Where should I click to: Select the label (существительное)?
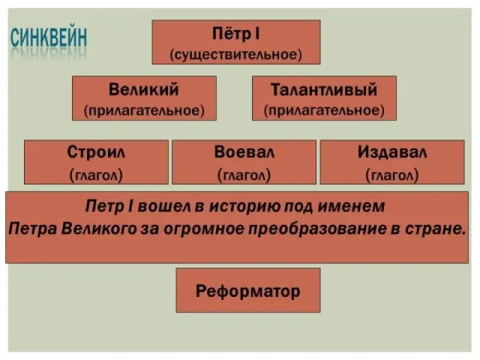[x=236, y=55]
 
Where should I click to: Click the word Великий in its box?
[x=144, y=90]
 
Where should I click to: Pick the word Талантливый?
[x=324, y=90]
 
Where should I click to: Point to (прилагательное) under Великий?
[x=144, y=110]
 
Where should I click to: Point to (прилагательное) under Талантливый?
[x=324, y=110]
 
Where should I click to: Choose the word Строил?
[x=96, y=152]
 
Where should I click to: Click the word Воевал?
[x=244, y=152]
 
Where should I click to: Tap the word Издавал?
[x=392, y=152]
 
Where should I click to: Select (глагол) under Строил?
[x=96, y=175]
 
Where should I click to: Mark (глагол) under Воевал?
[x=244, y=175]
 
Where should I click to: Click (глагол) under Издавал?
[x=392, y=175]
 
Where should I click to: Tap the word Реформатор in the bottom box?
[x=248, y=292]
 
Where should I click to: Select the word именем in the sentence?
[x=353, y=207]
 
